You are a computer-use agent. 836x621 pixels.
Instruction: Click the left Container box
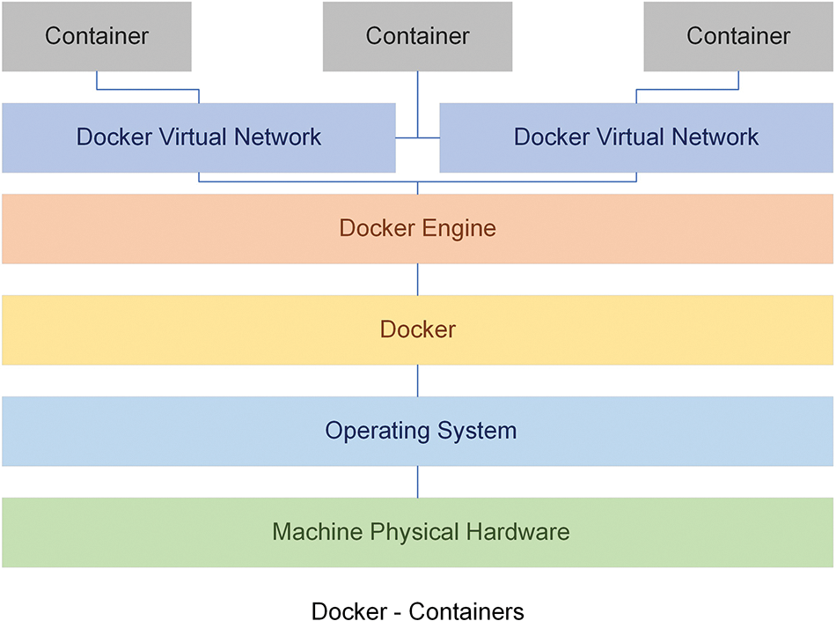pos(97,36)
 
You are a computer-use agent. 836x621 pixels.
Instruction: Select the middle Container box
pos(417,36)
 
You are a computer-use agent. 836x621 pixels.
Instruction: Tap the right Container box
pos(738,36)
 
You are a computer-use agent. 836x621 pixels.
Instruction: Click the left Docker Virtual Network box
pos(199,137)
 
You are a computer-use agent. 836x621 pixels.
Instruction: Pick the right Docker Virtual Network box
pos(636,137)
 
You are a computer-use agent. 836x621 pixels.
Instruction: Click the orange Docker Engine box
pos(417,229)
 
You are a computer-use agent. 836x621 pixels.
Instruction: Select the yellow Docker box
pos(417,330)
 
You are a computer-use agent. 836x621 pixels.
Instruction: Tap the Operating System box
pos(417,431)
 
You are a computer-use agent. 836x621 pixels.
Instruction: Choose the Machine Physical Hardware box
pos(417,532)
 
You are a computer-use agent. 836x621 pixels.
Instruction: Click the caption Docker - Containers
pos(417,610)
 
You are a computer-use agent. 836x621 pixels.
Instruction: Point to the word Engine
pos(459,229)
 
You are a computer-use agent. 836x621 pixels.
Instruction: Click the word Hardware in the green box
pos(517,531)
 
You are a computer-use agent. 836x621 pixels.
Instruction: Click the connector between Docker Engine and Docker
pos(417,279)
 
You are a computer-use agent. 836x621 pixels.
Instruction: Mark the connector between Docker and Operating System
pos(417,381)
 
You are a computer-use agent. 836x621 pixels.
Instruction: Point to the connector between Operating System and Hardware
pos(417,482)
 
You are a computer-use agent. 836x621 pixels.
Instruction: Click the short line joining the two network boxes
pos(417,138)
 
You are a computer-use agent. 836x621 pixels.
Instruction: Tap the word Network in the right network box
pos(715,137)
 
